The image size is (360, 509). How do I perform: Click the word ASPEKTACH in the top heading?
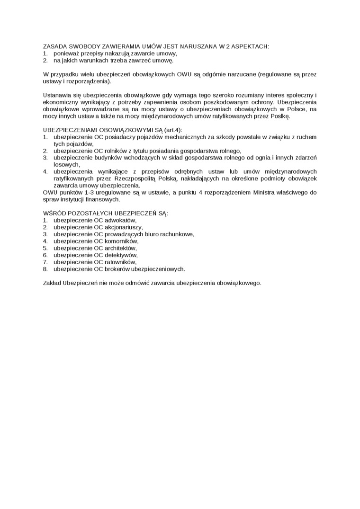coord(251,46)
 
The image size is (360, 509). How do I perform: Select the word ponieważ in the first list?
coord(67,54)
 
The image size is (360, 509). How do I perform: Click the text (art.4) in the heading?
coord(172,130)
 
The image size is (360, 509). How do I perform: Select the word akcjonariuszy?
coord(123,227)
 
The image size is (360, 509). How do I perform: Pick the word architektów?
coord(120,248)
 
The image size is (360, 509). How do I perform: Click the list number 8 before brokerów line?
coord(45,268)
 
